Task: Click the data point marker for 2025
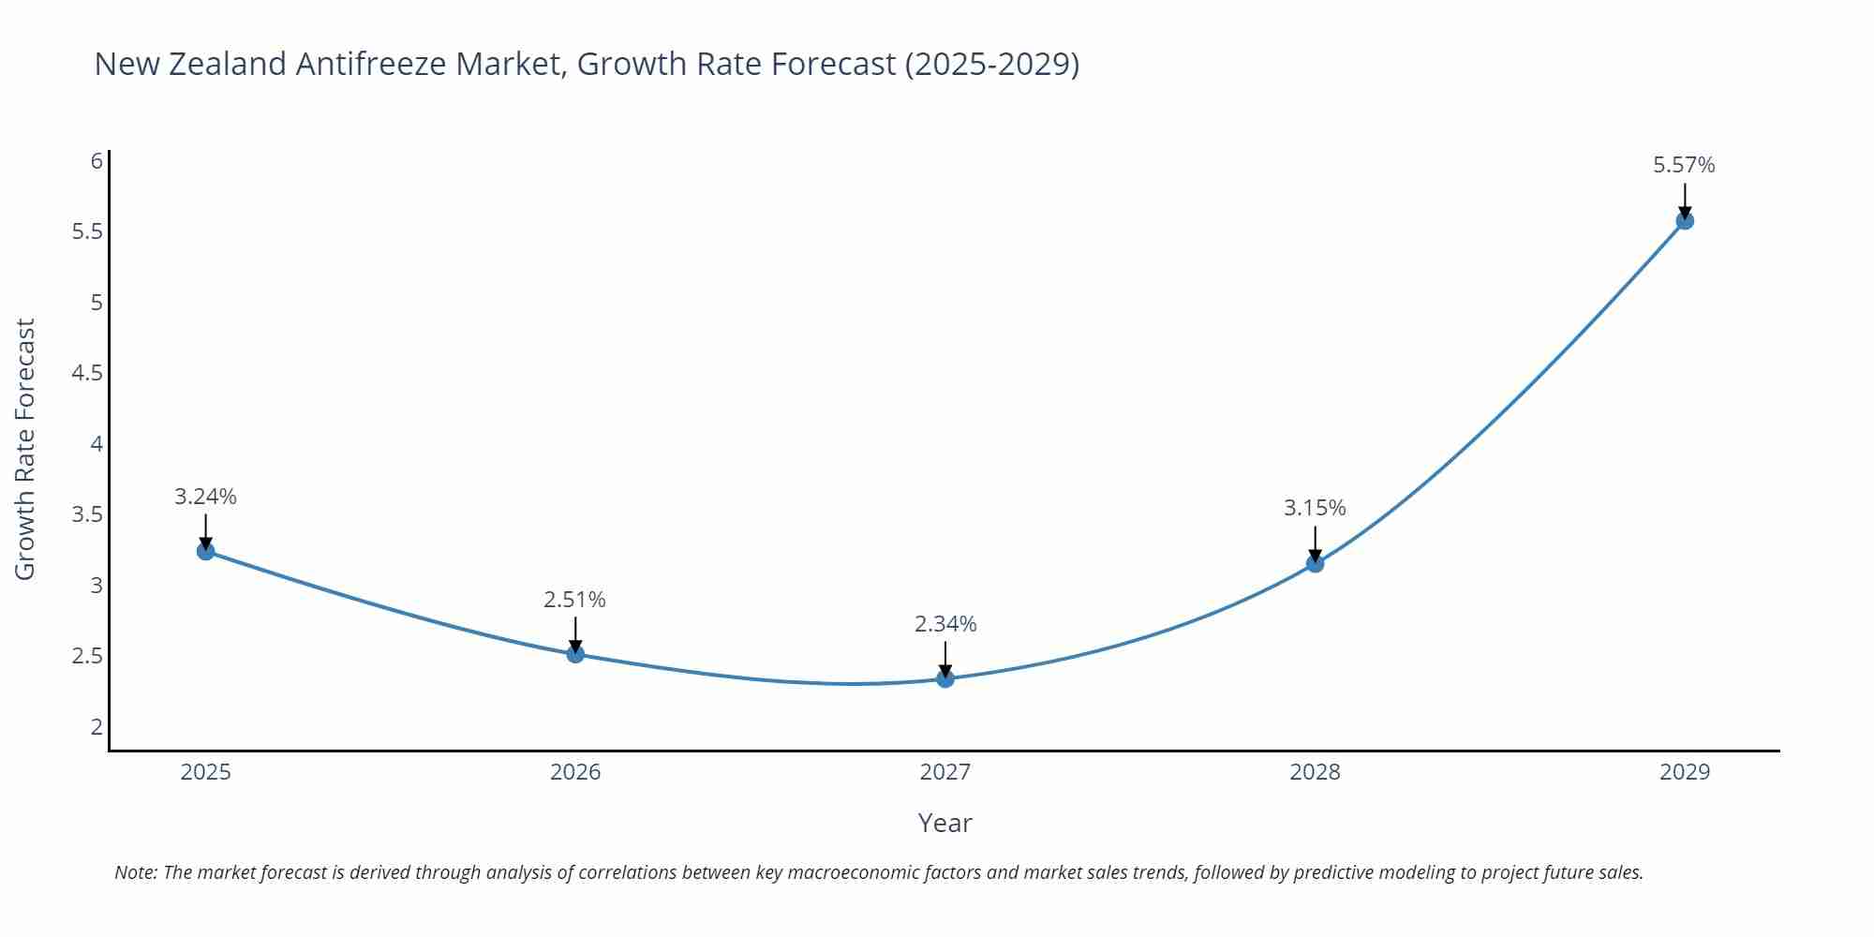pos(205,551)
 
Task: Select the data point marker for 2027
pos(944,678)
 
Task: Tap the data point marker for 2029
pos(1684,221)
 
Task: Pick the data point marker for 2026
pos(575,654)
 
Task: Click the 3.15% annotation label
pos(1314,508)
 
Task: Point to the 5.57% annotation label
pos(1684,165)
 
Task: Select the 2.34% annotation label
pos(944,624)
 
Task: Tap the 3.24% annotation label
pos(205,497)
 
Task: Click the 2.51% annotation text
pos(574,600)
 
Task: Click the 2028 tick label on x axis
pos(1314,772)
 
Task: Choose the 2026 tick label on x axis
pos(574,772)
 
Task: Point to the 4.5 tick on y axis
pos(87,373)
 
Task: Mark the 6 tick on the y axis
pos(97,161)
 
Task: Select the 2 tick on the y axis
pos(97,726)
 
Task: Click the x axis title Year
pos(944,823)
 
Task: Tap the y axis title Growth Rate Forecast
pos(25,449)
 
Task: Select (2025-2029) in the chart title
pos(991,64)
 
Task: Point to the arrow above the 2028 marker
pos(1314,543)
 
